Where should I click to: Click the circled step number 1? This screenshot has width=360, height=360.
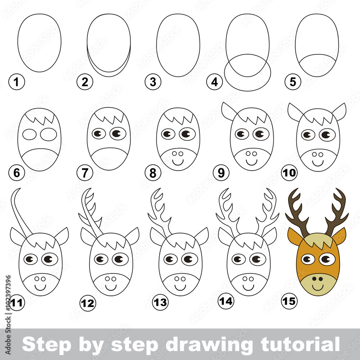(17, 82)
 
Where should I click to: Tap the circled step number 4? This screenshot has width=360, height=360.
(215, 82)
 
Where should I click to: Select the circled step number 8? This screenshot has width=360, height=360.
(153, 173)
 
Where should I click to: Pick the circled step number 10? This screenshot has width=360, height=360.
(289, 172)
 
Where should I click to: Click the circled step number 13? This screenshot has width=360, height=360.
(160, 302)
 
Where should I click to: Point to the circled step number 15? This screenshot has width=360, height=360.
(289, 301)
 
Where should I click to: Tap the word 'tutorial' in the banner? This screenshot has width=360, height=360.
(300, 344)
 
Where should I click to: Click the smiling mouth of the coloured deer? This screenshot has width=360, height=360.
(318, 287)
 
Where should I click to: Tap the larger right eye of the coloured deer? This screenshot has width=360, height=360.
(327, 259)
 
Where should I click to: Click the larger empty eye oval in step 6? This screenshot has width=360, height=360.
(49, 134)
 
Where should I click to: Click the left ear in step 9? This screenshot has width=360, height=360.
(229, 112)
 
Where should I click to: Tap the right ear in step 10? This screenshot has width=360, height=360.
(339, 112)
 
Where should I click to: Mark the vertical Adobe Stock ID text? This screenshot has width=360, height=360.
(8, 315)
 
